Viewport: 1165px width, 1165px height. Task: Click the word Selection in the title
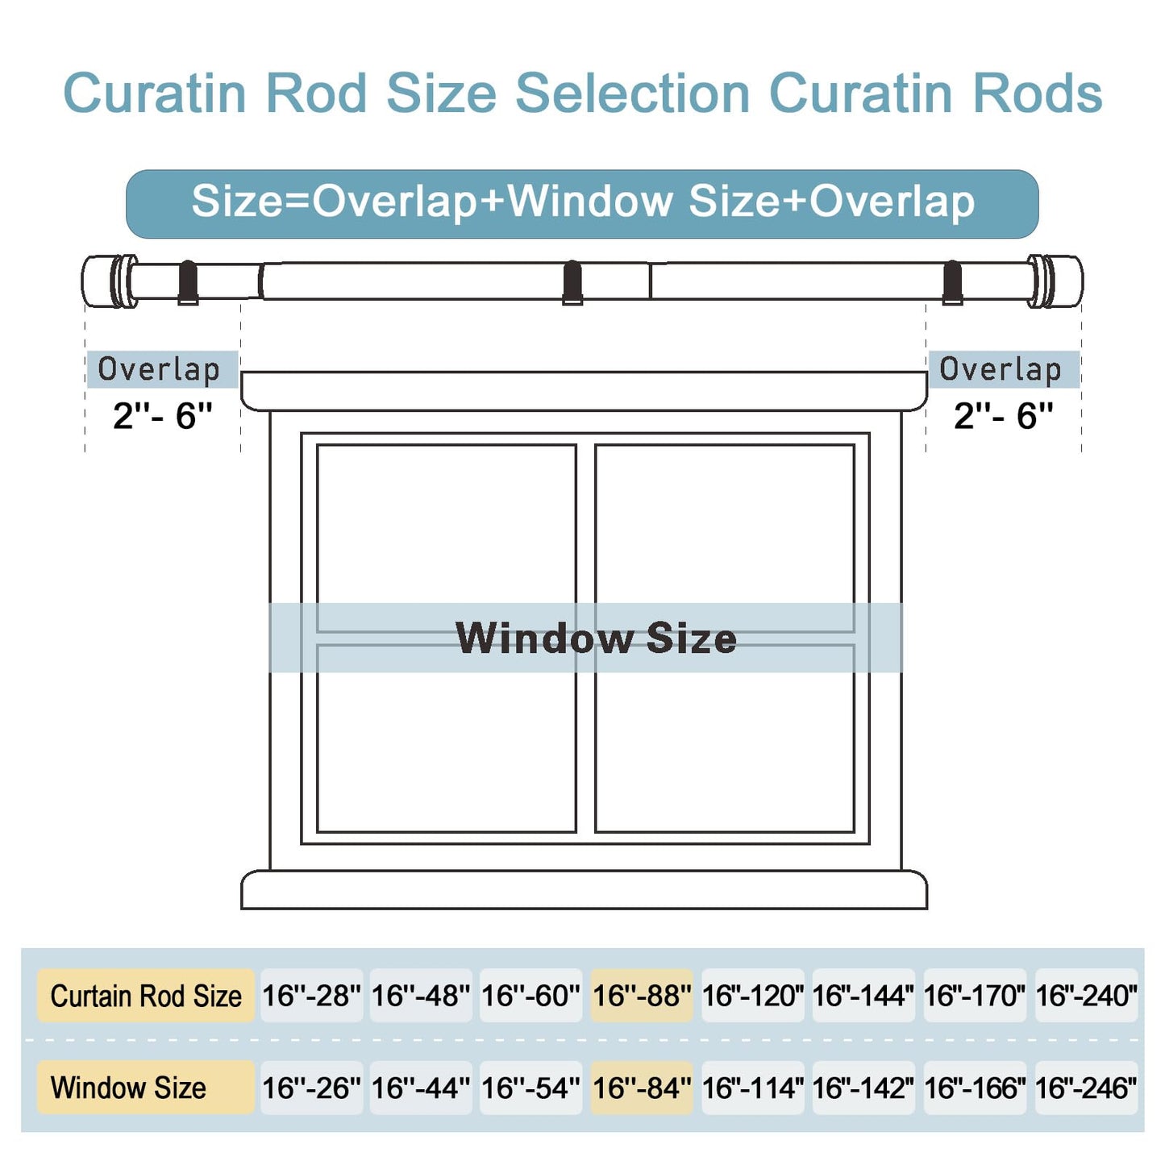(632, 93)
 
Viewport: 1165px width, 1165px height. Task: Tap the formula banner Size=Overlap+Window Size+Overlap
(582, 204)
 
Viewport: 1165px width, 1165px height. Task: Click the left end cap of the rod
(109, 281)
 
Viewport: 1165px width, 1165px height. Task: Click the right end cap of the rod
(1055, 281)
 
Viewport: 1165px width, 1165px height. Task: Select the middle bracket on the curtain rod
(572, 282)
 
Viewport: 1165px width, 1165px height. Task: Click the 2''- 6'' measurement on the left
(163, 416)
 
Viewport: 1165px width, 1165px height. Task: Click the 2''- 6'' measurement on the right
(1004, 416)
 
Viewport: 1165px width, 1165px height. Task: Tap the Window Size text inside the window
(596, 638)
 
